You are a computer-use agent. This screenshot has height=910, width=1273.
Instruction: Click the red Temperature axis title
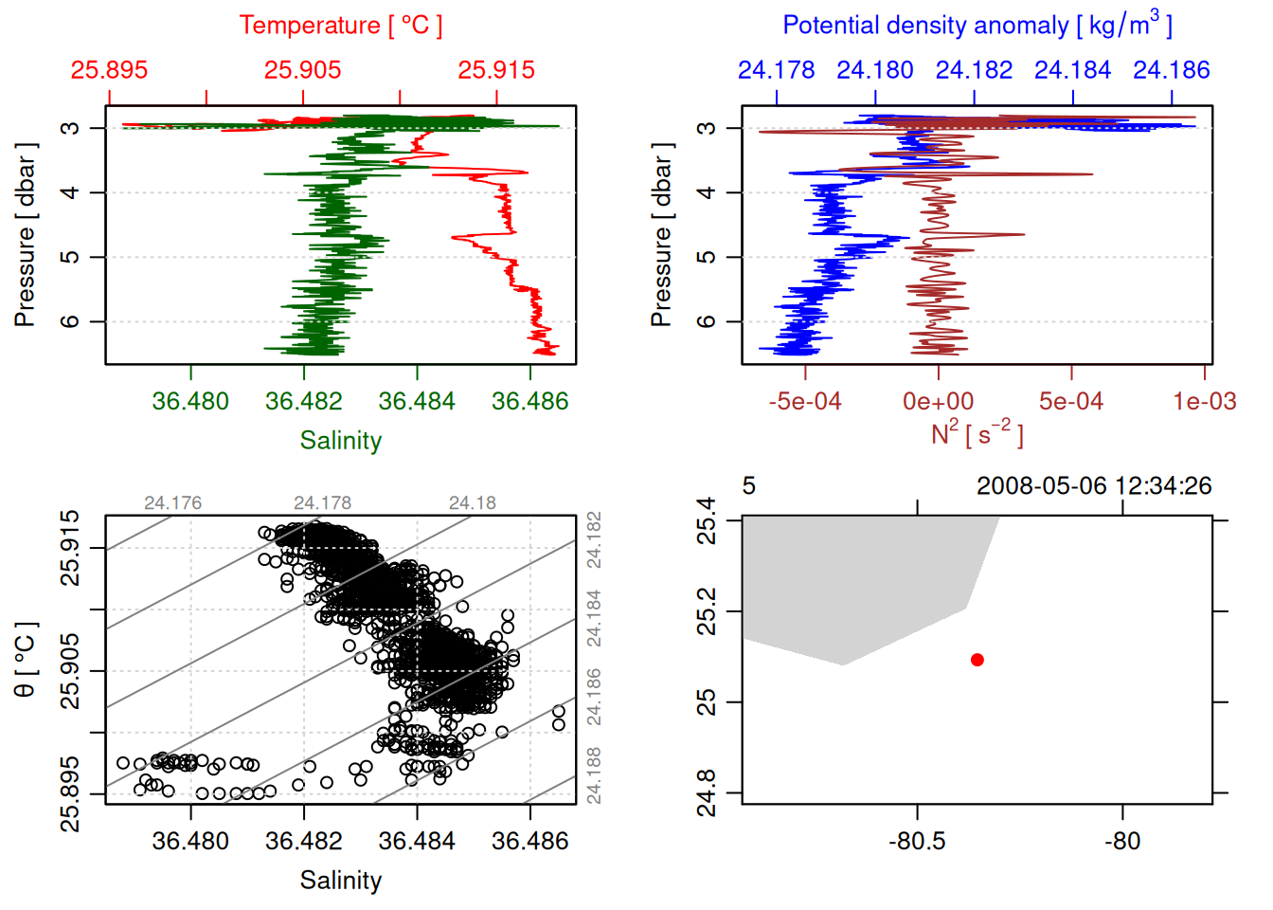(340, 26)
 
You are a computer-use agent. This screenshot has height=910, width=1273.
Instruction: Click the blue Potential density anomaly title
(977, 26)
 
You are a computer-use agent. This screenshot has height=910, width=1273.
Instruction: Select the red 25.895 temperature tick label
(109, 70)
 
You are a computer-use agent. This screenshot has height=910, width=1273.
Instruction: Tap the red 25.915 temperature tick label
(496, 70)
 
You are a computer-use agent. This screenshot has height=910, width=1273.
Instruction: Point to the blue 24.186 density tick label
(1172, 70)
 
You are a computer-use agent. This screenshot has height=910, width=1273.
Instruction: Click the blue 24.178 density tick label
(777, 70)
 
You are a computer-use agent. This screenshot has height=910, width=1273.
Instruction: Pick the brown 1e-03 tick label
(1204, 402)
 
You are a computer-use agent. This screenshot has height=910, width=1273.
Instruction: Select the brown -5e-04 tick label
(805, 402)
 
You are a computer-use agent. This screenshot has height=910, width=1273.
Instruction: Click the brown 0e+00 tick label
(938, 402)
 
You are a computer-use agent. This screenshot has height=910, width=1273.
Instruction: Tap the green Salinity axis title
(340, 441)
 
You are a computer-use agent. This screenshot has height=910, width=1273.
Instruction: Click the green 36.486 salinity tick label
(529, 402)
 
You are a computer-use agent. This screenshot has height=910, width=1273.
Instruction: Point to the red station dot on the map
(977, 660)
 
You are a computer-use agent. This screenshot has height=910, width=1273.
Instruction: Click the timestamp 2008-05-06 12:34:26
(1094, 486)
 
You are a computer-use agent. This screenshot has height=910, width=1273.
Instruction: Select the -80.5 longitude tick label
(917, 842)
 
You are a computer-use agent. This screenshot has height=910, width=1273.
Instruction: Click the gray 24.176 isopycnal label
(172, 503)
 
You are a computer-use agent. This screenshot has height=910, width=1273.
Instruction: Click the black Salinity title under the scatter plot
(340, 881)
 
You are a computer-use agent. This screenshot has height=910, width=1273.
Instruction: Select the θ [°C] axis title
(26, 660)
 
